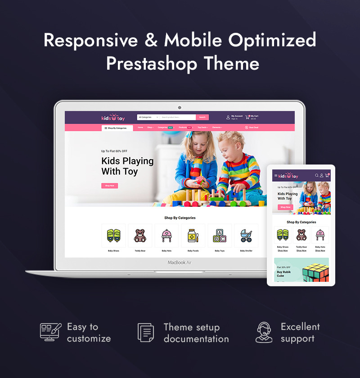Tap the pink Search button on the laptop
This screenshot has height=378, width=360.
click(202, 117)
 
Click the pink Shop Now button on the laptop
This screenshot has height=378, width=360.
click(109, 186)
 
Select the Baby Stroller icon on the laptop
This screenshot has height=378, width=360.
click(246, 236)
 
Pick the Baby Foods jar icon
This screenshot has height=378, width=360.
click(193, 236)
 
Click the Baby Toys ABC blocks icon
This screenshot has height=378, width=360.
click(220, 236)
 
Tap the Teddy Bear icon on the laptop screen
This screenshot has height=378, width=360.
click(140, 236)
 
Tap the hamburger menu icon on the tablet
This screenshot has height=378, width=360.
click(276, 175)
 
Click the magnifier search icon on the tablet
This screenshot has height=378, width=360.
click(317, 175)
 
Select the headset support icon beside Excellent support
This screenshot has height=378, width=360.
click(264, 332)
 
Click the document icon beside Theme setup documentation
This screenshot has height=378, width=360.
click(145, 332)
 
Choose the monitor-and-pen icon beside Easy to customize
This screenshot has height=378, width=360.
click(50, 332)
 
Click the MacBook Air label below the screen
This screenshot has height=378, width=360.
click(180, 262)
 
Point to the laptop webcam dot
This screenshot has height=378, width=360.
click(180, 107)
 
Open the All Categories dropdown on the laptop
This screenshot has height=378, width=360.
click(148, 117)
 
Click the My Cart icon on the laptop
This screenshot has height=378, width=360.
click(247, 117)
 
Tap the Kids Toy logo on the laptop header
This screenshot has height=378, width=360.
click(113, 118)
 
